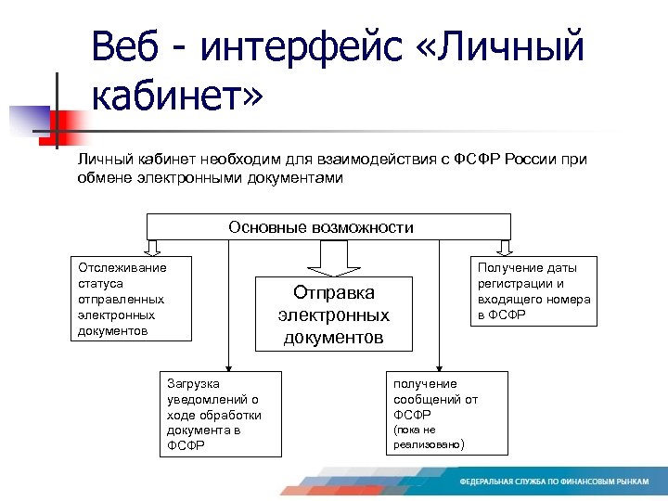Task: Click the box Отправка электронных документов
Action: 333,315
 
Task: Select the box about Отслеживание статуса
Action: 132,299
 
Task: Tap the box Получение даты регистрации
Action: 533,291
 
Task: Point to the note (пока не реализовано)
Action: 428,437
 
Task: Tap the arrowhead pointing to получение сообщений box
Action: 440,366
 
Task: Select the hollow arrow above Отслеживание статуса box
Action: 154,247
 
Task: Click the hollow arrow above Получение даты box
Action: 504,247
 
